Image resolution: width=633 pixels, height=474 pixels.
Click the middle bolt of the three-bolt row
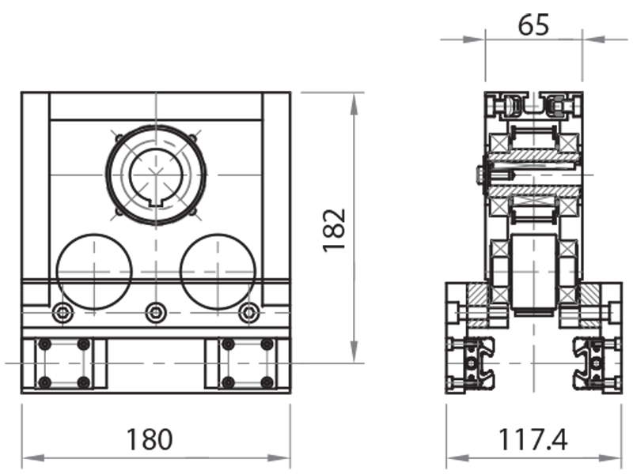(x=156, y=314)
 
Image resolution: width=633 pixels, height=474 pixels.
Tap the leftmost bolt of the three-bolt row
(x=63, y=314)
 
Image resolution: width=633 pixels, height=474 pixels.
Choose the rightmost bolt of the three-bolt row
(x=249, y=314)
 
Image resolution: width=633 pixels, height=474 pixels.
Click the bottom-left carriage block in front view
(x=64, y=363)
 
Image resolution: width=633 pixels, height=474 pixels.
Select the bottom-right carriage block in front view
(x=248, y=363)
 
